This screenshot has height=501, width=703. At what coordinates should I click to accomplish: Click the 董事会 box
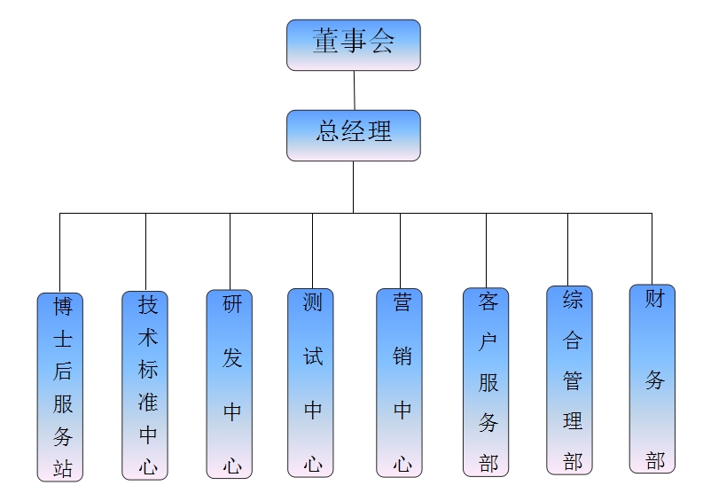(x=353, y=44)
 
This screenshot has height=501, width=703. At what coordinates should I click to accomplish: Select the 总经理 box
(x=353, y=135)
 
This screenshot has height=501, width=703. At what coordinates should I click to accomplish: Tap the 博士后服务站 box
(x=60, y=387)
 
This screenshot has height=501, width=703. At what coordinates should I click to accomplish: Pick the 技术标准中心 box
(x=145, y=385)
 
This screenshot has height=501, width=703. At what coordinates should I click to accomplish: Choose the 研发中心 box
(x=230, y=383)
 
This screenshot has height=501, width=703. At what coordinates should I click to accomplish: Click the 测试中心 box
(x=311, y=382)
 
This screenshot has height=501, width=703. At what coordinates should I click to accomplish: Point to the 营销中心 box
(x=400, y=382)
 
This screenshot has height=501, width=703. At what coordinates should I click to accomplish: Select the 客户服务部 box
(x=486, y=381)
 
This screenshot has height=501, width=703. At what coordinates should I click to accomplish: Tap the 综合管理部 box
(x=569, y=380)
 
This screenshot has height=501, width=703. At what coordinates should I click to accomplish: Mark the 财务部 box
(x=652, y=379)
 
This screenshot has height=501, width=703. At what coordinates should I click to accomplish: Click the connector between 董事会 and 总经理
(x=354, y=90)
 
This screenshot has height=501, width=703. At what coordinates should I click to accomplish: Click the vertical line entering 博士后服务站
(x=59, y=253)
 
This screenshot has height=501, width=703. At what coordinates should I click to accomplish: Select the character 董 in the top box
(x=325, y=42)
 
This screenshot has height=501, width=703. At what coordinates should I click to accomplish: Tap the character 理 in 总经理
(x=379, y=132)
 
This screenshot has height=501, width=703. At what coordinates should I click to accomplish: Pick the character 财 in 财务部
(x=654, y=300)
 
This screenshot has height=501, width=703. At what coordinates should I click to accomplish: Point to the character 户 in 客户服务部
(x=488, y=341)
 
